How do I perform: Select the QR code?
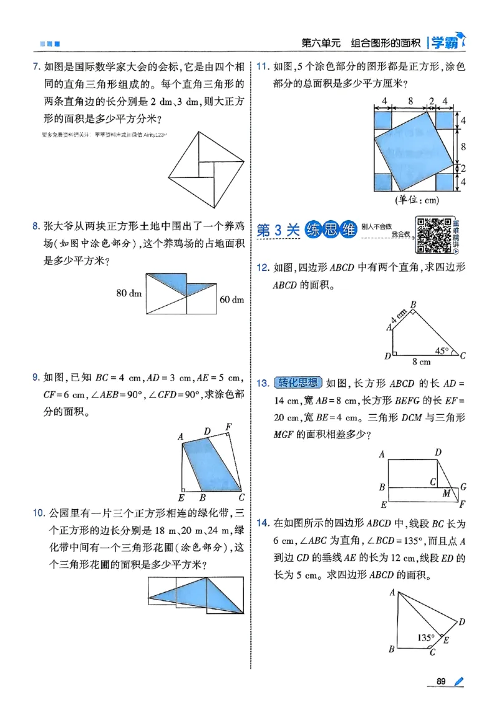[434, 235]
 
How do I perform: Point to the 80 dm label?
[129, 292]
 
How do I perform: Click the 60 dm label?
[231, 300]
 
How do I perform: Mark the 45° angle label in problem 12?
[443, 351]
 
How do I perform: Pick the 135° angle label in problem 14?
[426, 638]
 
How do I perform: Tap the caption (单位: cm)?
[416, 200]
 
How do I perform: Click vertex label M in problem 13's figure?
[447, 493]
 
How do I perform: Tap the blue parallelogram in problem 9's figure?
[212, 465]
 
